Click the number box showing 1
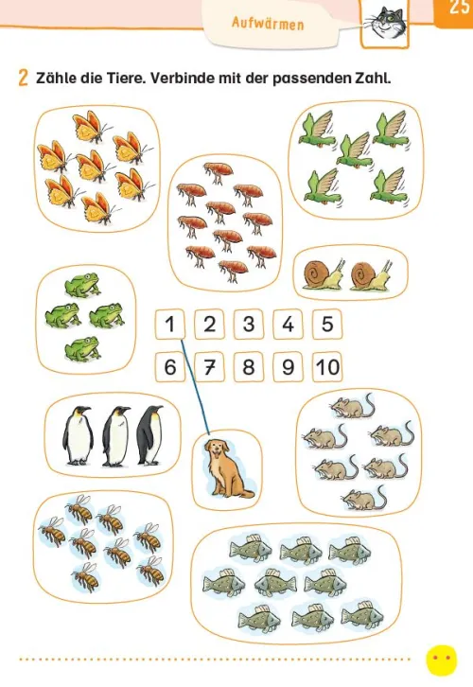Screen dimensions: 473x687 (170, 325)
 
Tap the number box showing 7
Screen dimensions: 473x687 (209, 367)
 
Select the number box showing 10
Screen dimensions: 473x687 (327, 367)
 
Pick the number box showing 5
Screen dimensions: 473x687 (327, 325)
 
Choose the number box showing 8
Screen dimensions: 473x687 (249, 367)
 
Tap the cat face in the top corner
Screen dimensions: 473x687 (385, 23)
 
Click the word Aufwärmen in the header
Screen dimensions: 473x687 (268, 23)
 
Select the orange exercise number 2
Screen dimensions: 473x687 (24, 78)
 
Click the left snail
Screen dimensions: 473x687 (324, 275)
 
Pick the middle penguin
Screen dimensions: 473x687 (115, 436)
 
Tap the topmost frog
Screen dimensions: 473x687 (83, 285)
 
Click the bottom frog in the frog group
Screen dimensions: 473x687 (83, 349)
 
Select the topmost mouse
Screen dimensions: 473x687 (353, 406)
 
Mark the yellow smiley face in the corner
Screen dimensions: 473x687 (442, 660)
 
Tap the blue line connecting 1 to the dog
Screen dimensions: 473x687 (195, 387)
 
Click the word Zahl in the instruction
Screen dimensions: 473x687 (370, 78)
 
